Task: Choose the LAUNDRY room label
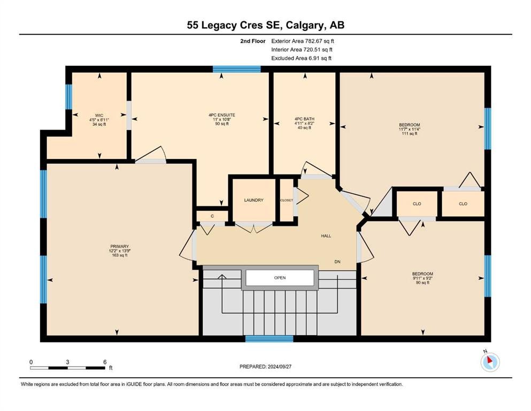click(x=253, y=200)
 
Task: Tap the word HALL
click(x=326, y=235)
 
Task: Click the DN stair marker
click(x=337, y=262)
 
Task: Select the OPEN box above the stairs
click(x=280, y=278)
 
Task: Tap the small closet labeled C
click(x=212, y=216)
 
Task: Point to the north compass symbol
click(x=490, y=362)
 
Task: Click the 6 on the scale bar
click(x=105, y=362)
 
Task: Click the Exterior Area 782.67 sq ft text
click(x=303, y=41)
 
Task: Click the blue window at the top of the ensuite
click(x=236, y=68)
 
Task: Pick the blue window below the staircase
click(x=269, y=338)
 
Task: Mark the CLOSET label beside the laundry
click(x=286, y=200)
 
